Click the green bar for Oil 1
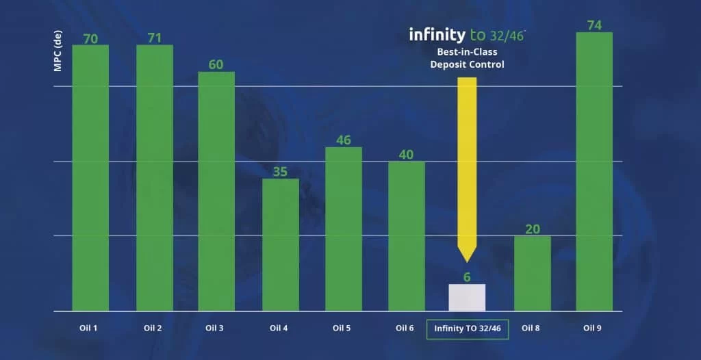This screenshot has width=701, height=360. click(90, 178)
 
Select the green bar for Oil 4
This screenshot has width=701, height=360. click(281, 244)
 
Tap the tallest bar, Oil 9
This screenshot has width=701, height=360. click(594, 171)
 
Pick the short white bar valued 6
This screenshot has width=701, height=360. click(467, 297)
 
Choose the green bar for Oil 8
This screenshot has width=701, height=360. click(533, 273)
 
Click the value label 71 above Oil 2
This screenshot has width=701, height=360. click(154, 38)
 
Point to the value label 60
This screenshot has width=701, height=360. click(216, 64)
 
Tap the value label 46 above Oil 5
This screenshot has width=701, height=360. click(344, 140)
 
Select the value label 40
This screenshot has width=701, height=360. click(406, 154)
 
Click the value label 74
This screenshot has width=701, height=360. click(594, 25)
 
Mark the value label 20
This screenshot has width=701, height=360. click(533, 229)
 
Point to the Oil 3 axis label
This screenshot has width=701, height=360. click(214, 328)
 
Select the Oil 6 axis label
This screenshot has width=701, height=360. click(405, 328)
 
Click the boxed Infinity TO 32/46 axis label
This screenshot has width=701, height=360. click(468, 329)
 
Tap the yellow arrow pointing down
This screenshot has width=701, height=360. click(467, 164)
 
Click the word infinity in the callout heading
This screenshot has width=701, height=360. click(437, 34)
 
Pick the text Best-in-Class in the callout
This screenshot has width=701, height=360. click(467, 51)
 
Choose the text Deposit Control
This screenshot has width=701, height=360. click(467, 64)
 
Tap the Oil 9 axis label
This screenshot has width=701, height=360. click(593, 328)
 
